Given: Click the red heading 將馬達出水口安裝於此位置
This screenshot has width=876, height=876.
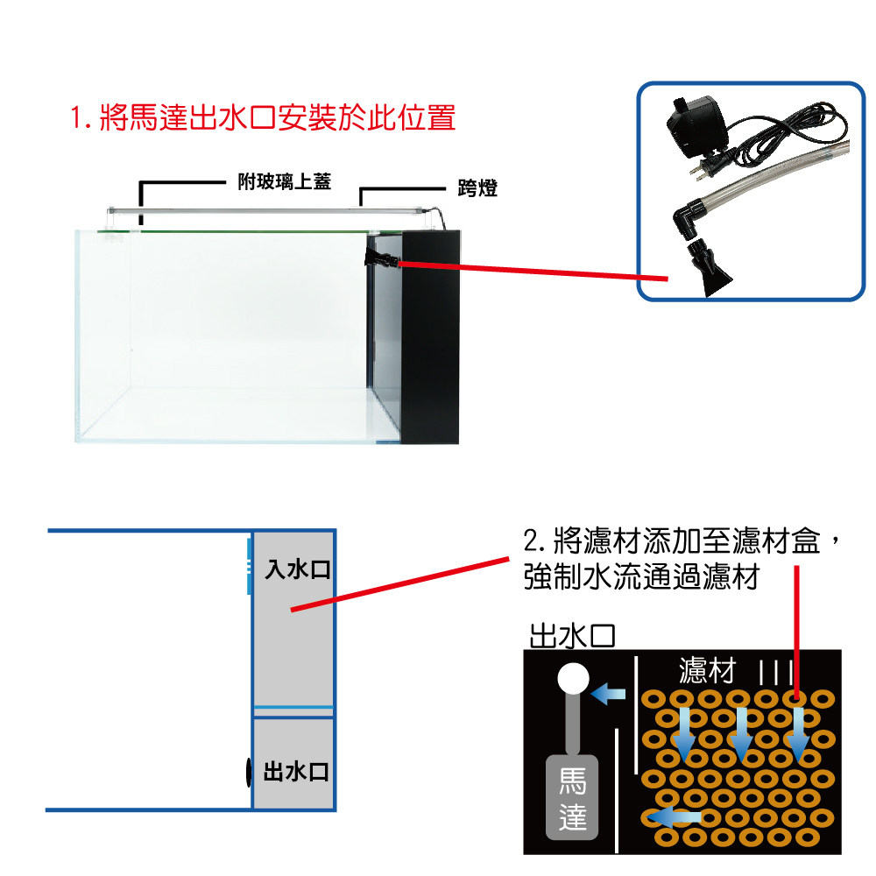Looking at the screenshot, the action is pyautogui.click(x=263, y=118).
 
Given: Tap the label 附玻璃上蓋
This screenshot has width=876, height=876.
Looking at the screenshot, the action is pyautogui.click(x=285, y=181).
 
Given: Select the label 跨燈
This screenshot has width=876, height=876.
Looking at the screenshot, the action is pyautogui.click(x=477, y=187).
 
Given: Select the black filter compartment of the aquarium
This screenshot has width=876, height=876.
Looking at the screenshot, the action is pyautogui.click(x=430, y=337).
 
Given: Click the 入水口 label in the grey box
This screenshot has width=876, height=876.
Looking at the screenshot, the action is pyautogui.click(x=297, y=569).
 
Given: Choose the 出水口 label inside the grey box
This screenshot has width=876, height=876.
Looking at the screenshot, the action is pyautogui.click(x=296, y=772).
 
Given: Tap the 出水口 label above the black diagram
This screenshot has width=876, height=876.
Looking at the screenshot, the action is pyautogui.click(x=571, y=636).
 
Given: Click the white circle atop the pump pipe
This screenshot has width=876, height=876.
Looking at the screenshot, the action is pyautogui.click(x=573, y=678).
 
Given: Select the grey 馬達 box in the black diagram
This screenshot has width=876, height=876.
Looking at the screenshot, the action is pyautogui.click(x=571, y=797).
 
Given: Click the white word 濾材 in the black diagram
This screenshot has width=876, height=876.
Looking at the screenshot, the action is pyautogui.click(x=707, y=670).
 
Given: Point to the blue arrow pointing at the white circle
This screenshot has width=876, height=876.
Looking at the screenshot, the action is pyautogui.click(x=608, y=695).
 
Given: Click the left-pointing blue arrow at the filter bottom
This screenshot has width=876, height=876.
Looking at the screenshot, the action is pyautogui.click(x=674, y=817).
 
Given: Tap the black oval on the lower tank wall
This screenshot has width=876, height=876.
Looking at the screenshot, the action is pyautogui.click(x=249, y=772).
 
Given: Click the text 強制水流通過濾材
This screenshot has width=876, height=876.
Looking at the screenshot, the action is pyautogui.click(x=641, y=576).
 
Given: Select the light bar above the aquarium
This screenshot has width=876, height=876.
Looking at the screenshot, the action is pyautogui.click(x=265, y=211).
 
